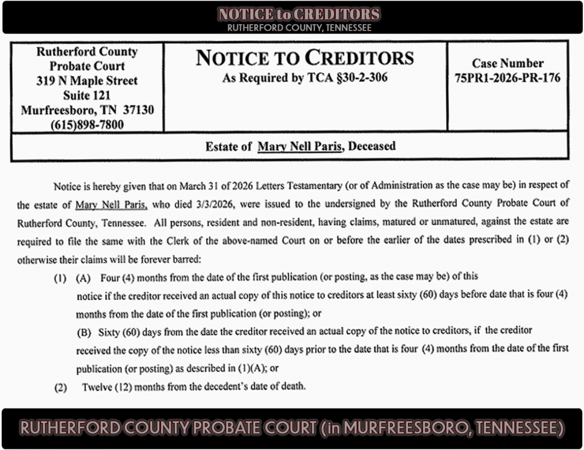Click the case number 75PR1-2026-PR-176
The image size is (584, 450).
click(x=508, y=77)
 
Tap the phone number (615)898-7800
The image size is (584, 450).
click(x=88, y=125)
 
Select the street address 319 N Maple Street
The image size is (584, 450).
click(x=87, y=80)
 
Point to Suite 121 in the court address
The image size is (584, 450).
click(x=87, y=95)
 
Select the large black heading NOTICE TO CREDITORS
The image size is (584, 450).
click(x=305, y=58)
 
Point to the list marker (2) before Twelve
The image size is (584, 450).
click(x=61, y=387)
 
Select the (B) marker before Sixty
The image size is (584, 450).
click(x=85, y=331)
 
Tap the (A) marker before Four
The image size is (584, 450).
click(x=83, y=277)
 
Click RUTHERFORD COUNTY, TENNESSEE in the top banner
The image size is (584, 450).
click(x=299, y=28)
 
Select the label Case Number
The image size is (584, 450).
click(x=508, y=63)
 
